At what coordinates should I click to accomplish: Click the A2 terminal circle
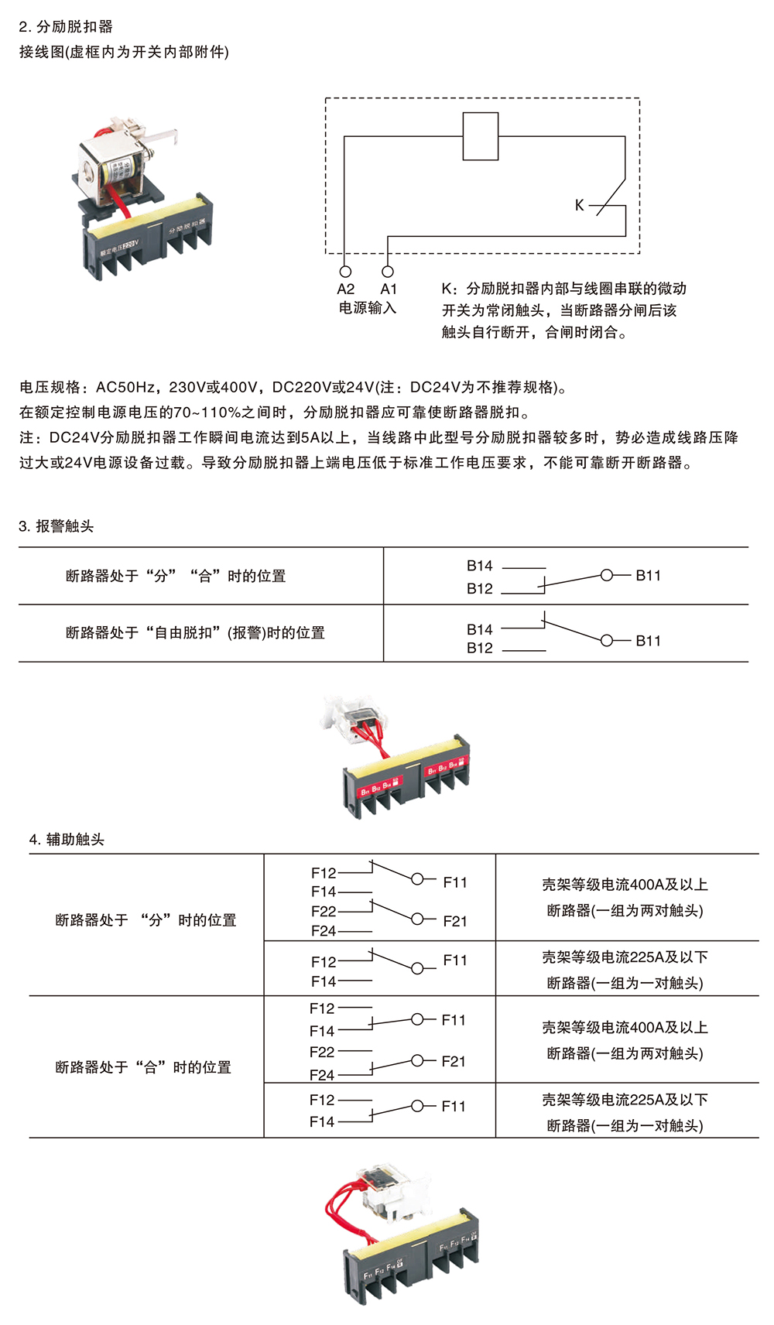[x=345, y=272]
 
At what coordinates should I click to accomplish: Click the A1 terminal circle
[x=388, y=272]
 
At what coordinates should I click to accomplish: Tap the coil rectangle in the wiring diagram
[x=480, y=136]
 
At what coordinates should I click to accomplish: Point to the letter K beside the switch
[x=579, y=205]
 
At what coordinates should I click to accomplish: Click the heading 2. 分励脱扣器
[x=66, y=26]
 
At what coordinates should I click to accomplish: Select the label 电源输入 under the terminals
[x=367, y=308]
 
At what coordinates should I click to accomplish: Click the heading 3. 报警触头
[x=56, y=526]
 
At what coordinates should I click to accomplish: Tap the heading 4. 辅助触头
[x=67, y=840]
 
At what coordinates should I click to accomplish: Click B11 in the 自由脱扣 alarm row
[x=648, y=641]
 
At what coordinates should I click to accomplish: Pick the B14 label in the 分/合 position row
[x=479, y=566]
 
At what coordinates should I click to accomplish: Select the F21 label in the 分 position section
[x=455, y=921]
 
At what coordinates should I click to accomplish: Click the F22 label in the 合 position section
[x=322, y=1052]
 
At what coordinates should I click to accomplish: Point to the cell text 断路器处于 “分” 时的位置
[x=146, y=920]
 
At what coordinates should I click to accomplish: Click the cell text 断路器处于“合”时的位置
[x=143, y=1067]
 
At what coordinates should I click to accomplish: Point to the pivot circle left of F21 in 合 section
[x=418, y=1060]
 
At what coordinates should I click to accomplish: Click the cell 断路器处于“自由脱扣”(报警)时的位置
[x=195, y=633]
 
